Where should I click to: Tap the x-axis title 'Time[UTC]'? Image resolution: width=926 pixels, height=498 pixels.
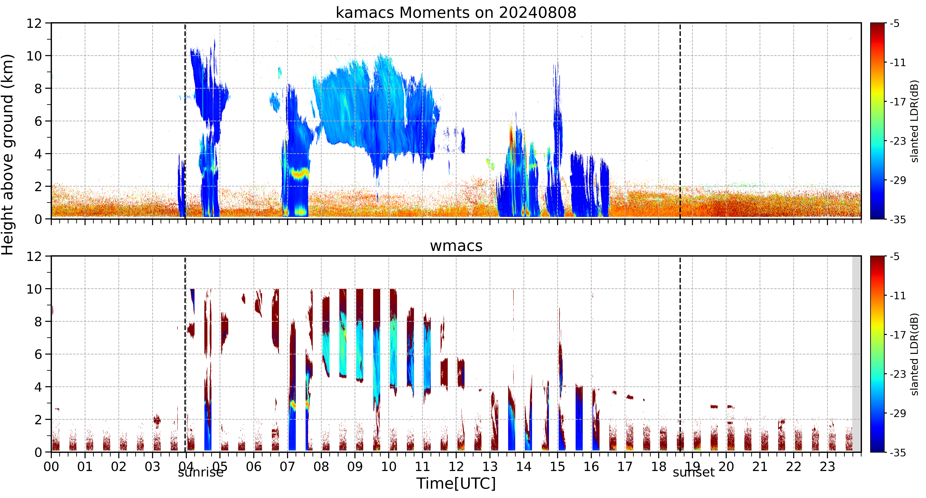[456, 484]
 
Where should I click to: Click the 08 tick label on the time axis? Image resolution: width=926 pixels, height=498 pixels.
[321, 467]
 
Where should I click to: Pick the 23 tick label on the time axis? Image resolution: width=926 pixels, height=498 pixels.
[827, 467]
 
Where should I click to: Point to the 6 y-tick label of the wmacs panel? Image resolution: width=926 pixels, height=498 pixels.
[38, 354]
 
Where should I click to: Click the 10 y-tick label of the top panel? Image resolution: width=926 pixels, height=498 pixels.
[34, 56]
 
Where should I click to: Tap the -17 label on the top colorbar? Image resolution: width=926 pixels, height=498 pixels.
[898, 102]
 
